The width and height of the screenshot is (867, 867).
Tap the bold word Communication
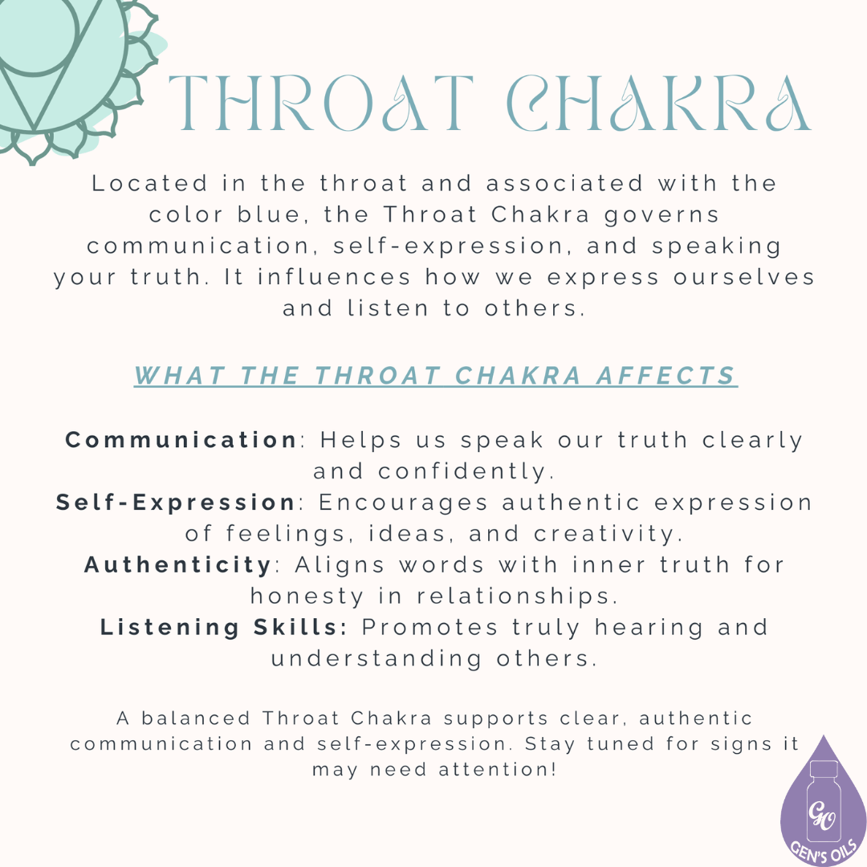[181, 440]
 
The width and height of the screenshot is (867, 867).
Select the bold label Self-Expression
[176, 503]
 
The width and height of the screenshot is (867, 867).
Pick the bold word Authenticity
[178, 565]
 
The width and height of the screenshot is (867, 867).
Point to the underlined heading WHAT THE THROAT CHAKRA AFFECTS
[435, 376]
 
